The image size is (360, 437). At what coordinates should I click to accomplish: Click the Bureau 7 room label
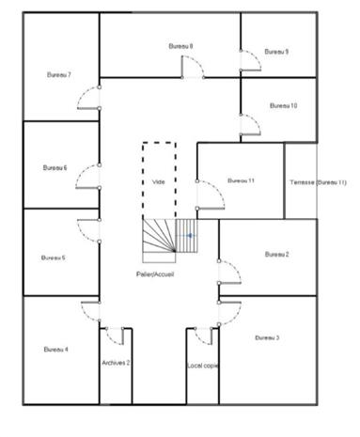59,75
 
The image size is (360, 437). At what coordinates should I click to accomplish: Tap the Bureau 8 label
180,46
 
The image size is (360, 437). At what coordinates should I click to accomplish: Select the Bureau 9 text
276,52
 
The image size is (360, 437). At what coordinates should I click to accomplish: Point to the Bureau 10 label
283,105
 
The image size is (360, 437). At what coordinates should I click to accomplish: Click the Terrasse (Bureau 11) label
318,182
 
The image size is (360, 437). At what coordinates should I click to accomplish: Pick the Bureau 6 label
55,168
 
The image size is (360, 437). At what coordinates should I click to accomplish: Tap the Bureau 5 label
54,258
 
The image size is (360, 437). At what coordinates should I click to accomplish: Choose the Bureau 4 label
55,350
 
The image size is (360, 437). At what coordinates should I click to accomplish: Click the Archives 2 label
116,363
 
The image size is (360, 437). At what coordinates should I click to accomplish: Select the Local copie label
203,366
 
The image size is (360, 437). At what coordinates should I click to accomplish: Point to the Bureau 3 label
267,338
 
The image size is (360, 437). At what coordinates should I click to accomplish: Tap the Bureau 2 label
276,255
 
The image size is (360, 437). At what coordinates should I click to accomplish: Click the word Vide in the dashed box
158,182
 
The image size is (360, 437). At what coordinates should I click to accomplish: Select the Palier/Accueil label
155,274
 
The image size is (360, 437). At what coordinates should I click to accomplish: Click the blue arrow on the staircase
189,236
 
